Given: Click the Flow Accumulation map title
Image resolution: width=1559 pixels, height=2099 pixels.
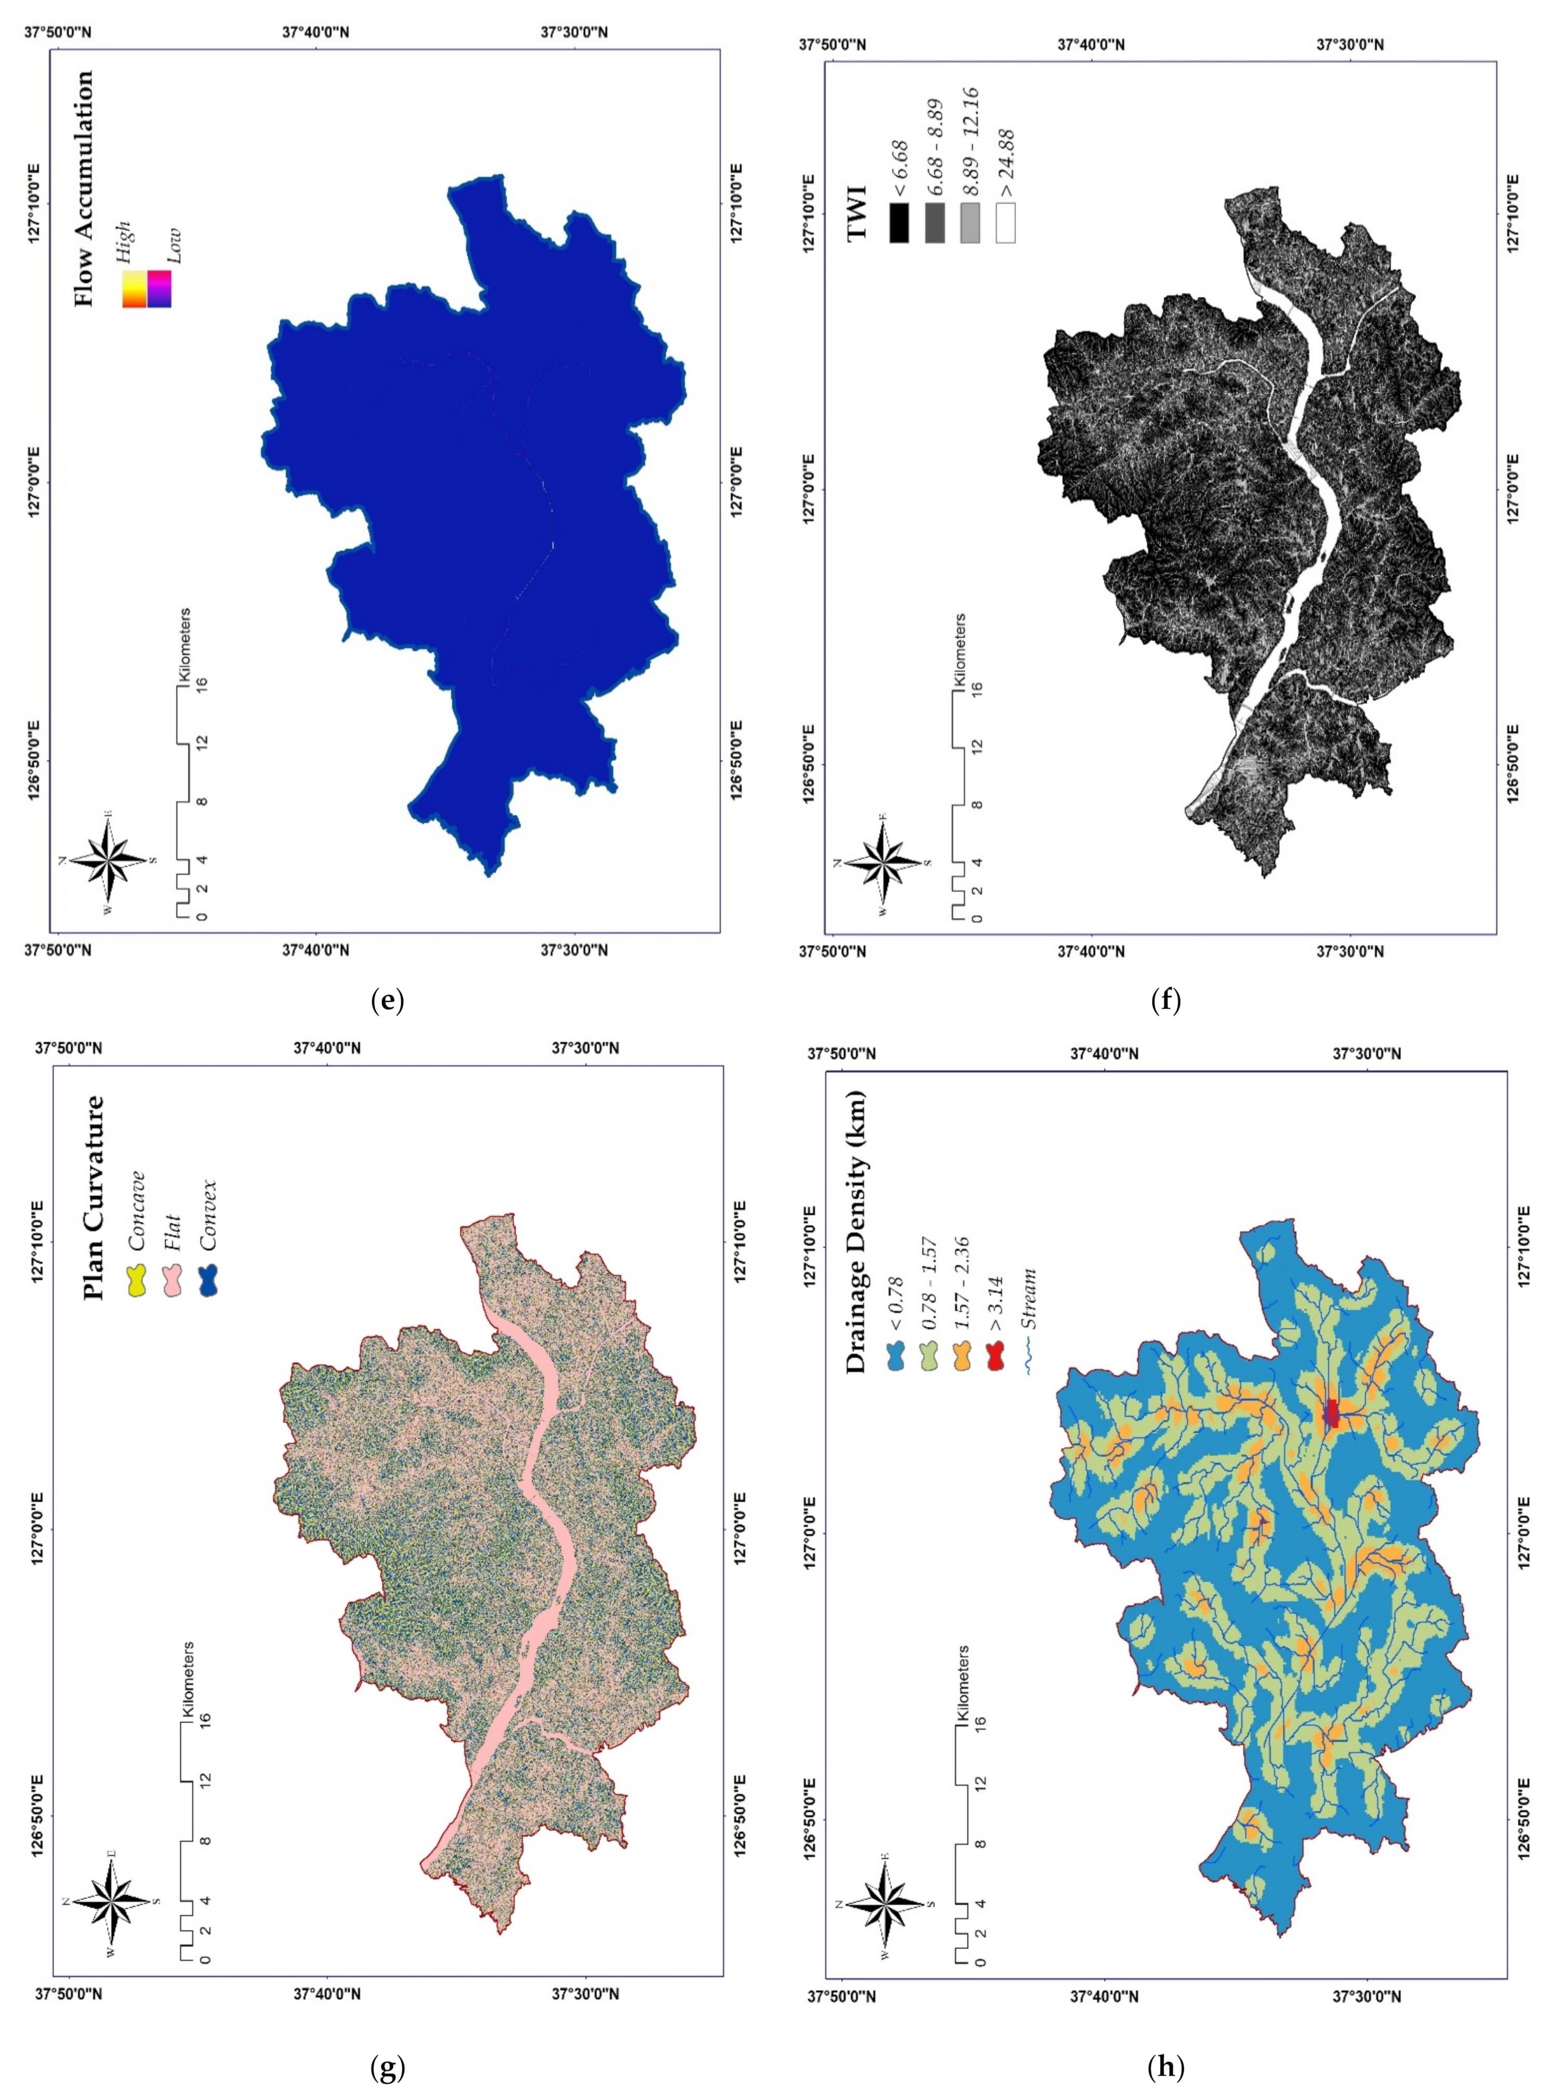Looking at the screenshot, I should tap(84, 189).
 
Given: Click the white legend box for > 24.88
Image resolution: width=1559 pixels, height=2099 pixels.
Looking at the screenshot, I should tap(1006, 225).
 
